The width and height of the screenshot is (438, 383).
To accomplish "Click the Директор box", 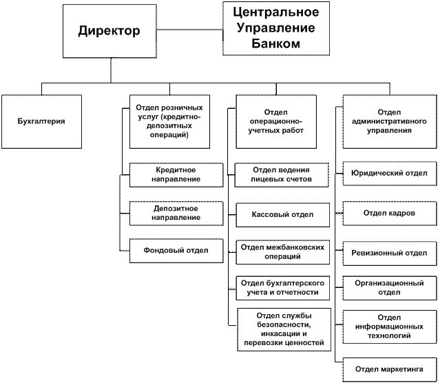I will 109,31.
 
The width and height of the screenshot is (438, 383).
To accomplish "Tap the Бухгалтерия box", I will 41,121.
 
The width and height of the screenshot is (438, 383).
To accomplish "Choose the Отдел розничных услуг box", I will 170,121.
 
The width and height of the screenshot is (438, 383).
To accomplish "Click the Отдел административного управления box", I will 390,121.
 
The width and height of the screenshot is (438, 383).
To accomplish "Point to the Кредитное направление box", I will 176,175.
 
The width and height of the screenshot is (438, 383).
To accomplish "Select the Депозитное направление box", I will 176,213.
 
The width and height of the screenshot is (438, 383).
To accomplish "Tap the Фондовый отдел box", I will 176,251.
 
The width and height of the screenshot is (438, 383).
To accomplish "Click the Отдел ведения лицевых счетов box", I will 282,175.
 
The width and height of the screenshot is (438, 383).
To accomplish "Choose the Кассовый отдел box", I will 282,214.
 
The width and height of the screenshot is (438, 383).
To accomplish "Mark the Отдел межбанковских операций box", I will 282,251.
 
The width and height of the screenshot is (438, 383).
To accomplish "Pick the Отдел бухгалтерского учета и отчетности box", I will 282,287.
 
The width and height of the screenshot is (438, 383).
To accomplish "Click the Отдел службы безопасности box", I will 282,329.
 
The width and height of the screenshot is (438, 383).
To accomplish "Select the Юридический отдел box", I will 390,174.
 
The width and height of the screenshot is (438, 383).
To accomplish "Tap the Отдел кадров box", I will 390,213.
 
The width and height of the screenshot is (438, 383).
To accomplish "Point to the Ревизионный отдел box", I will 390,253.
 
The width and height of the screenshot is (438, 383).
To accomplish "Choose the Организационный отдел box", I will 390,287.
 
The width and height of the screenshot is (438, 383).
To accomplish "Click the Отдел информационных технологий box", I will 390,327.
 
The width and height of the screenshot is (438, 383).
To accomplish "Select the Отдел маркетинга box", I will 390,369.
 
